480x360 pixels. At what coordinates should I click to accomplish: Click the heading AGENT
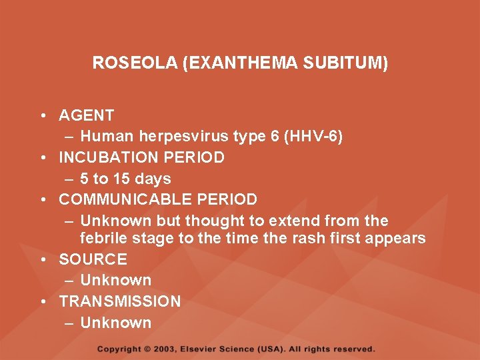click(87, 115)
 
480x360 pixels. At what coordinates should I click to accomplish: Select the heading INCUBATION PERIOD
click(142, 158)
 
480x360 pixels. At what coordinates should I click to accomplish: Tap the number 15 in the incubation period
click(121, 179)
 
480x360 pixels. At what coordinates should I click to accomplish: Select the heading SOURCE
click(93, 259)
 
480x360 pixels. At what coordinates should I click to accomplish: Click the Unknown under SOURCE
click(116, 280)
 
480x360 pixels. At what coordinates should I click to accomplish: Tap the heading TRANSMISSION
click(120, 301)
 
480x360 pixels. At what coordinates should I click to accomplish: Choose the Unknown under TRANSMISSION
click(116, 323)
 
